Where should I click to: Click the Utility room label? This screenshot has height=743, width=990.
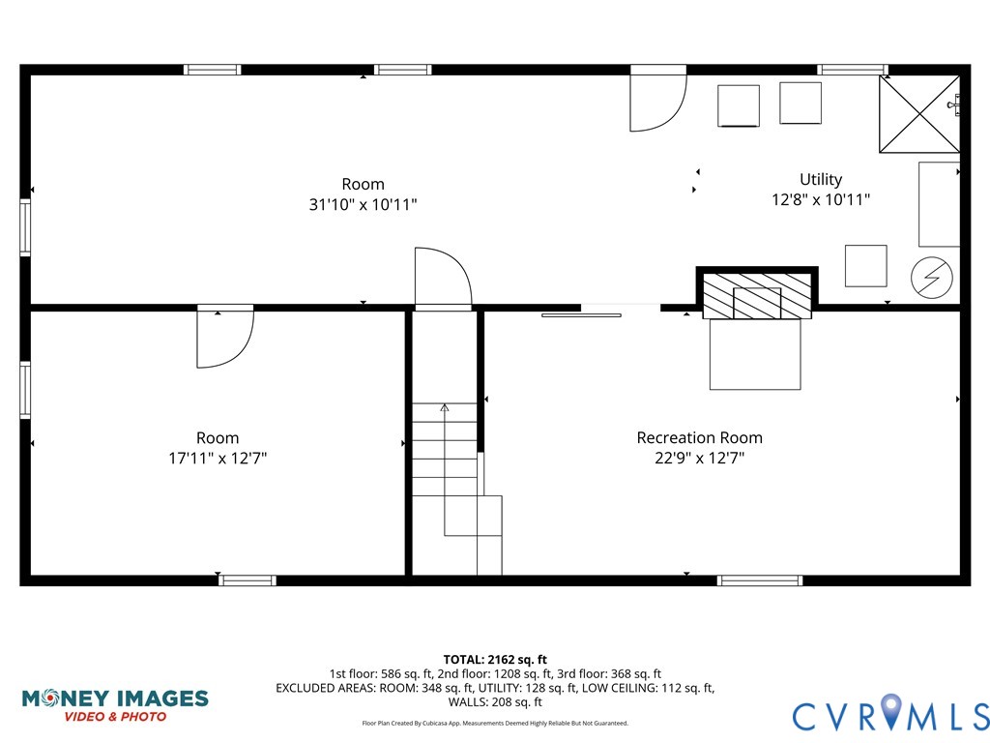click(x=820, y=179)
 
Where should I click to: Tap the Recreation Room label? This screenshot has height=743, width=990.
click(x=699, y=438)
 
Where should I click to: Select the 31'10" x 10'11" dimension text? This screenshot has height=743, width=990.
click(x=363, y=205)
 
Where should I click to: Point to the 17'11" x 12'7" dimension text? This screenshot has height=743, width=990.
click(x=218, y=459)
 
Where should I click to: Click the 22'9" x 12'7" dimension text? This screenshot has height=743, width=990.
click(x=699, y=459)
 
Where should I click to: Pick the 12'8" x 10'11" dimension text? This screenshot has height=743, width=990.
click(x=820, y=200)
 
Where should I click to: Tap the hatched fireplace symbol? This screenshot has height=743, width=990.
click(x=757, y=296)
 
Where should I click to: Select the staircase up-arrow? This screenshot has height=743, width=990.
click(x=445, y=411)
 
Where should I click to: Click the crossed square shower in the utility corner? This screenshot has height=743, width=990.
click(x=918, y=113)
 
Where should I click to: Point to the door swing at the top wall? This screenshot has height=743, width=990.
click(x=657, y=99)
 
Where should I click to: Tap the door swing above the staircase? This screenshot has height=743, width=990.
click(x=442, y=279)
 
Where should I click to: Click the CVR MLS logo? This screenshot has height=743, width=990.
click(x=890, y=714)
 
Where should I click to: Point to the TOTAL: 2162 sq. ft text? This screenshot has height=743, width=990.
click(x=495, y=660)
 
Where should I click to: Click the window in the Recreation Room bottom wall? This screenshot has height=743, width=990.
click(x=759, y=580)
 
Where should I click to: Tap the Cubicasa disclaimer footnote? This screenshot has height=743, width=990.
click(x=495, y=723)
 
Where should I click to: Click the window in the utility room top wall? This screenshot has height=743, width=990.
click(x=852, y=70)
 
